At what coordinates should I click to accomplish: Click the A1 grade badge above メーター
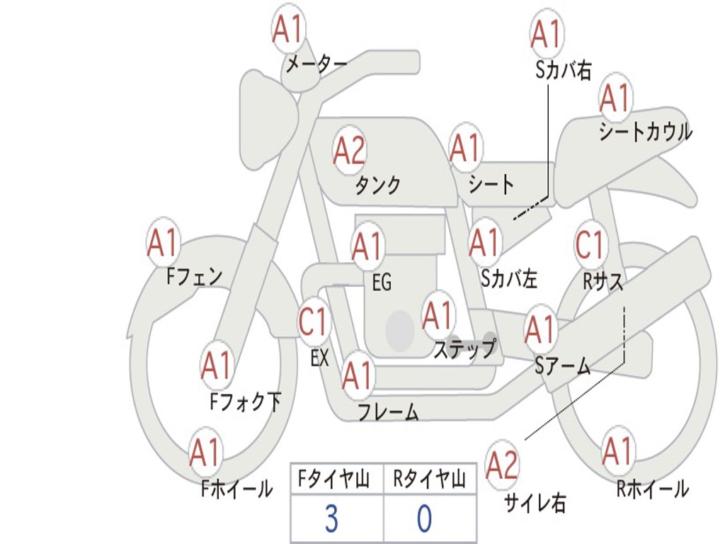(x=288, y=30)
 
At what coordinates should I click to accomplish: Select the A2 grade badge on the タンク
(x=349, y=149)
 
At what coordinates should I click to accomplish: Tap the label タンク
(x=377, y=185)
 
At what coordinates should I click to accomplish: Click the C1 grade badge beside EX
(x=313, y=322)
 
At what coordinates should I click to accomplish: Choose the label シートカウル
(x=645, y=132)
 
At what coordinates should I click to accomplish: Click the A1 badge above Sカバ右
(x=546, y=33)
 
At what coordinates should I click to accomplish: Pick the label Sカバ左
(x=509, y=279)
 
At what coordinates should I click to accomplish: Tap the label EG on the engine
(x=382, y=283)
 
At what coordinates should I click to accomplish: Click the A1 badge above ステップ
(x=438, y=314)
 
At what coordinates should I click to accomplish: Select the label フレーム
(x=388, y=412)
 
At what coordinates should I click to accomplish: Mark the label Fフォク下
(x=246, y=402)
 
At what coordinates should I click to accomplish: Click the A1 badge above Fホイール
(x=205, y=453)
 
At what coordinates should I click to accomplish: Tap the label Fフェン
(x=195, y=276)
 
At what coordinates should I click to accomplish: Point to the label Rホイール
(x=652, y=488)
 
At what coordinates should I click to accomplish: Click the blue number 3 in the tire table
(x=331, y=519)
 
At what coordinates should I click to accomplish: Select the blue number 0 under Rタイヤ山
(x=423, y=519)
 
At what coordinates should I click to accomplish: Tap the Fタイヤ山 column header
(x=333, y=481)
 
